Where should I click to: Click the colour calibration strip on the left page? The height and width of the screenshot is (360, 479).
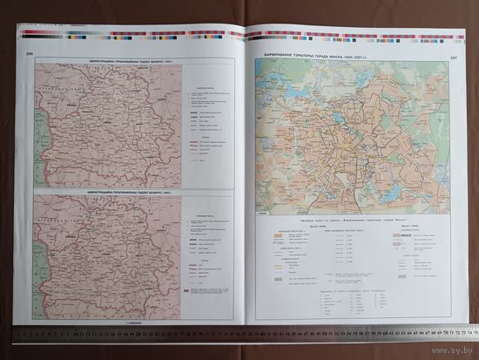pos(131,37)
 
